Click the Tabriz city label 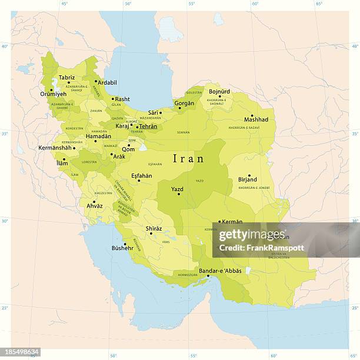click(66, 77)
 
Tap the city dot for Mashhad click(252, 115)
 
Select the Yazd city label click(177, 189)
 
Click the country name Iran click(188, 159)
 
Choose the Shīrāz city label click(154, 228)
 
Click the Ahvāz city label click(94, 206)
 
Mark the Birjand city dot click(249, 176)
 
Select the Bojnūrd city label click(219, 91)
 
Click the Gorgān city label click(184, 103)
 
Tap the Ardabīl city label click(107, 82)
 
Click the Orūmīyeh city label click(52, 94)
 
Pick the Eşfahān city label click(142, 175)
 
